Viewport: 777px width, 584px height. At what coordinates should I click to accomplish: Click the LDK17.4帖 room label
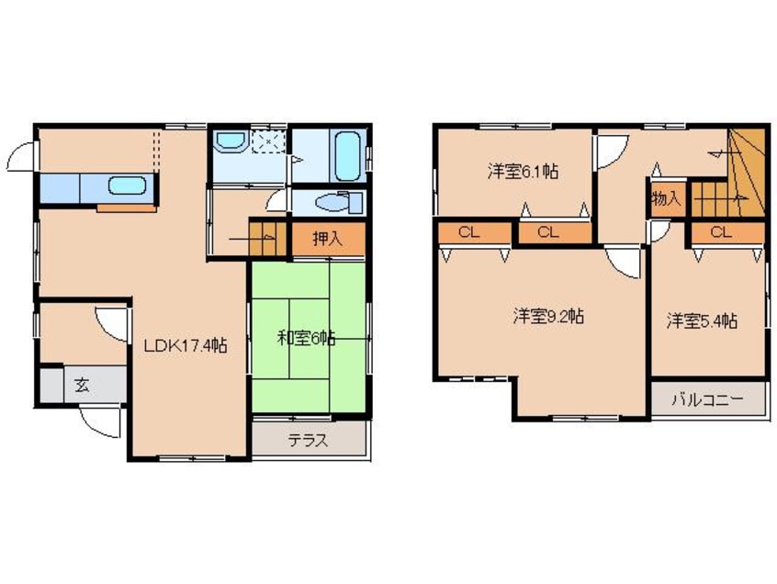point(184,346)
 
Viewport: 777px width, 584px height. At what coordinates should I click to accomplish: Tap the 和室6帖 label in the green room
point(306,338)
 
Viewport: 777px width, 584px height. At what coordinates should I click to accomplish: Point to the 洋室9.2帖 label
point(548,317)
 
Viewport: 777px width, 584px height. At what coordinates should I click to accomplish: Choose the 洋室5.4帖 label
point(703,320)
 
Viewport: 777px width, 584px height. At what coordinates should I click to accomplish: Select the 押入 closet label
point(327,241)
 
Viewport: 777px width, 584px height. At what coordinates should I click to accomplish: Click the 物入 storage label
point(666,197)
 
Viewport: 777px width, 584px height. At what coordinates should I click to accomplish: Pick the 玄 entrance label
point(82,385)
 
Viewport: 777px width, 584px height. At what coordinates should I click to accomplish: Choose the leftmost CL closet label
point(468,232)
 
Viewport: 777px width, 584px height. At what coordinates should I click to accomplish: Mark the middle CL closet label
point(548,232)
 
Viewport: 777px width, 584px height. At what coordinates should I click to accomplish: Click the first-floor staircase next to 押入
point(267,238)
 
